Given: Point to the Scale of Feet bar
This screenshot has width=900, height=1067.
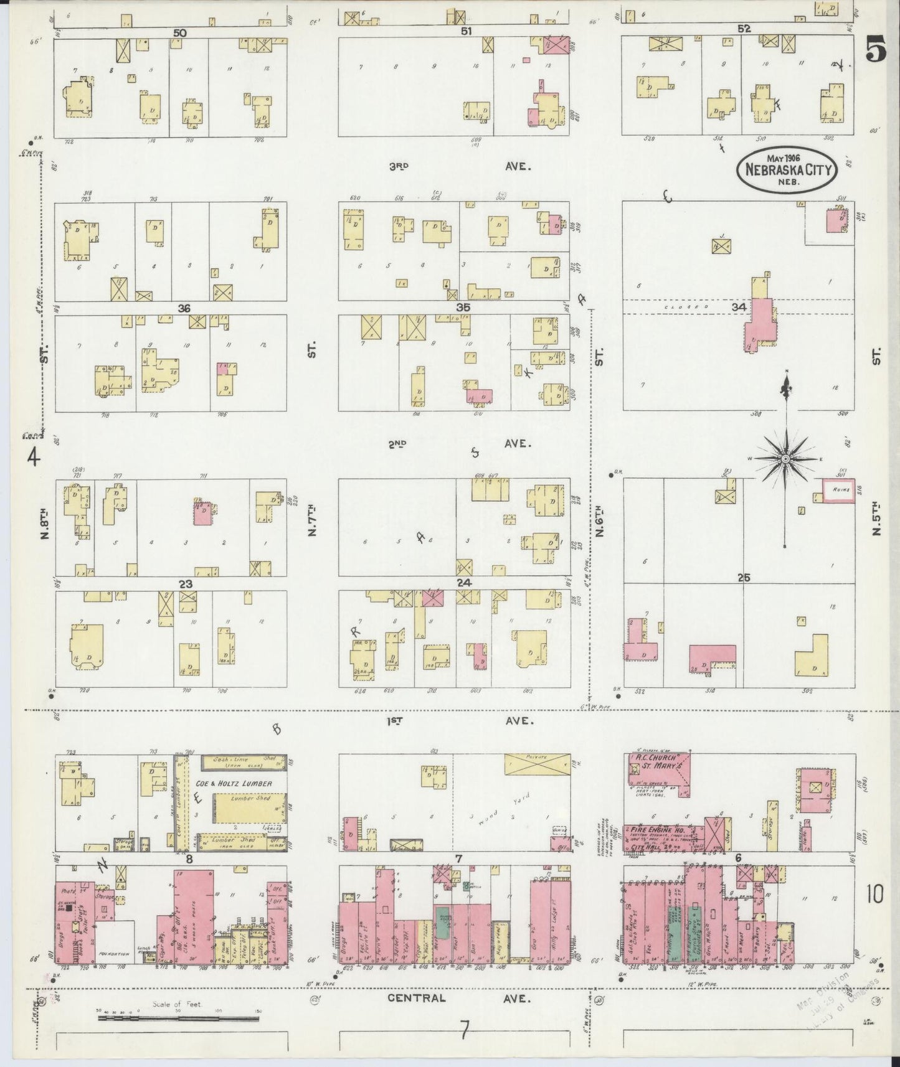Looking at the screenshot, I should point(178,1018).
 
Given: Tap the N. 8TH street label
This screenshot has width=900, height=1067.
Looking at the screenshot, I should point(45,524).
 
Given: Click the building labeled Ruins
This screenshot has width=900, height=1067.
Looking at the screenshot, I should point(838,490).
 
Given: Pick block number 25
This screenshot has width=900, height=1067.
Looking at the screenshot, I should point(743,578).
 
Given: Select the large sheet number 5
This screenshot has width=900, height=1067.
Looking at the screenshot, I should point(875,54).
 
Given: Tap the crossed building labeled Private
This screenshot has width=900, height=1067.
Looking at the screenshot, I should point(537,764).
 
